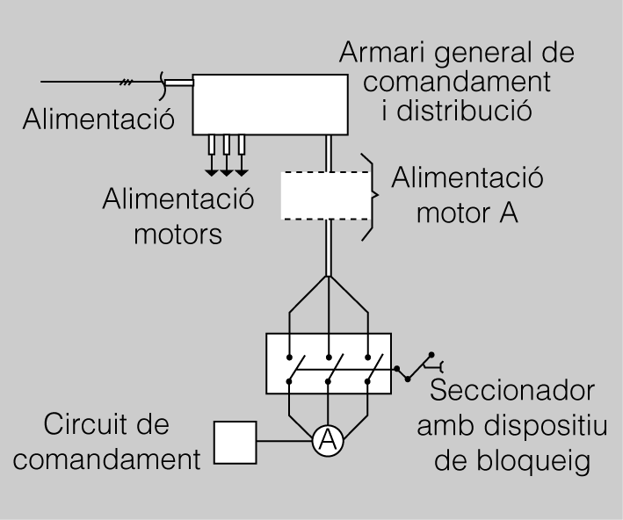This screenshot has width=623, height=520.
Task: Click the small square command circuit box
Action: click(x=235, y=443)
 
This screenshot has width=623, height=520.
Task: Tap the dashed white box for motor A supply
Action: click(x=325, y=196)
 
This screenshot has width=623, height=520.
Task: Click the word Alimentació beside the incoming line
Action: click(x=99, y=118)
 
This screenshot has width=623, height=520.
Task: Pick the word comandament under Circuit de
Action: click(x=111, y=459)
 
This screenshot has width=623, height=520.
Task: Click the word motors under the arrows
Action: click(x=177, y=235)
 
